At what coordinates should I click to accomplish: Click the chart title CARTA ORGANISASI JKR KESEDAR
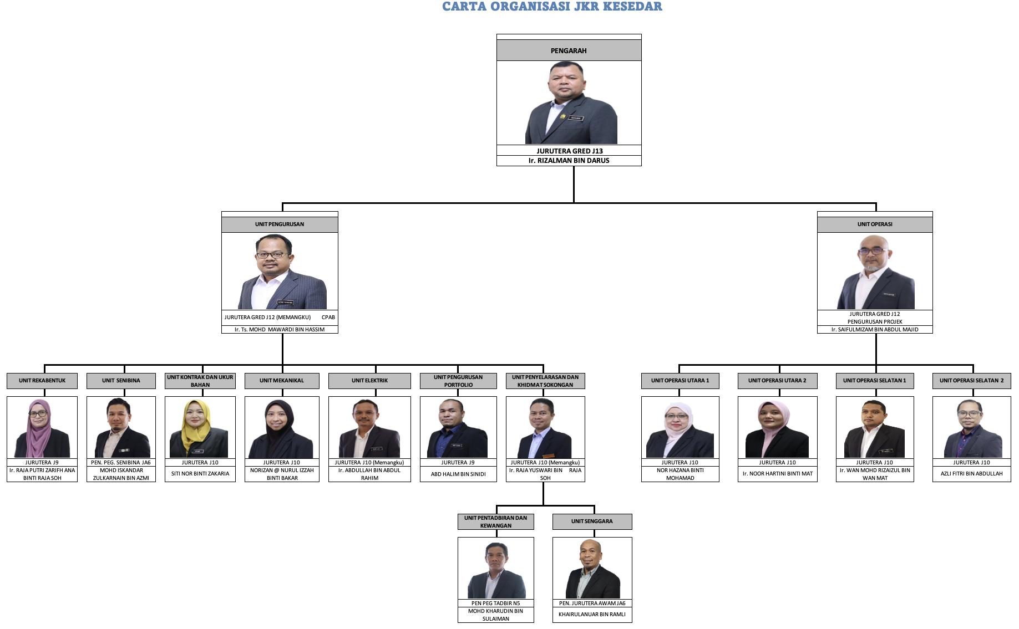click(552, 7)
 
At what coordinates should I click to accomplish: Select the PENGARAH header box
click(569, 50)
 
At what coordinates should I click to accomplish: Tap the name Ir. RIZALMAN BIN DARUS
click(569, 161)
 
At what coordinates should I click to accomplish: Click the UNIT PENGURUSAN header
click(280, 224)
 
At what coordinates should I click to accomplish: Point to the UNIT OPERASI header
click(875, 224)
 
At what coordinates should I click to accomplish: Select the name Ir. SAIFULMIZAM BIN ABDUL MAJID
click(875, 330)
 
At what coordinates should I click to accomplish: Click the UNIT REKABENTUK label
click(42, 381)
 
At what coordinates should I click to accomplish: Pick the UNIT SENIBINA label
click(121, 381)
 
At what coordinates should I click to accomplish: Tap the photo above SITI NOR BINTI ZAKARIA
click(200, 428)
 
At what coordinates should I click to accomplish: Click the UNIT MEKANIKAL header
click(282, 381)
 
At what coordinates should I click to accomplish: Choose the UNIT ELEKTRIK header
click(369, 381)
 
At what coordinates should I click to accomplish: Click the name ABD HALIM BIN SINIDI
click(458, 474)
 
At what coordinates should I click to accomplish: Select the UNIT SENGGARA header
click(592, 521)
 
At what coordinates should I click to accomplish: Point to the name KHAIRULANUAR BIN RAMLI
click(592, 615)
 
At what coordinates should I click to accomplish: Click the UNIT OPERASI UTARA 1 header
click(680, 381)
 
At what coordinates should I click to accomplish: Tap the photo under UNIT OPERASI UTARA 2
click(777, 428)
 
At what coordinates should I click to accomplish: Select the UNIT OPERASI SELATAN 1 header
click(875, 381)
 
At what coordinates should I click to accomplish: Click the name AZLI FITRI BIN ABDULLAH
click(972, 474)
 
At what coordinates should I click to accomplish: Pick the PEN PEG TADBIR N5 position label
click(496, 604)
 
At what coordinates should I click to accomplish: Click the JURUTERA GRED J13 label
click(570, 151)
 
